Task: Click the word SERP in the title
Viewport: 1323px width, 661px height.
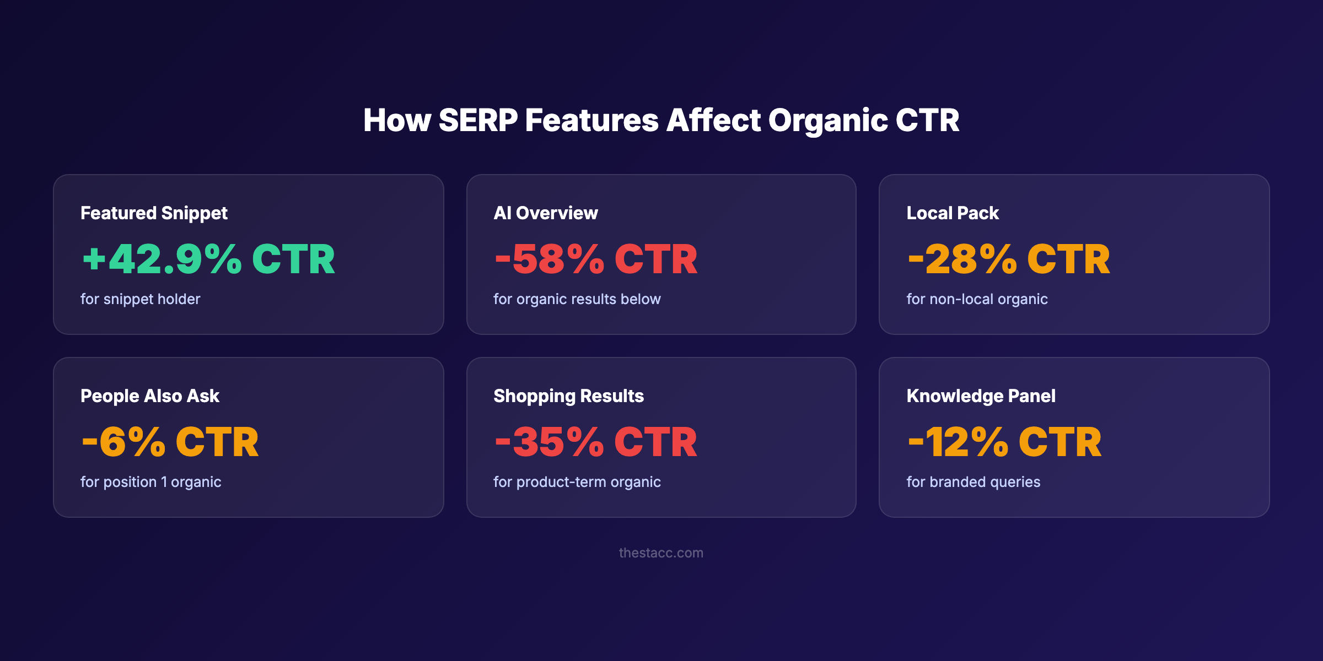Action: (478, 120)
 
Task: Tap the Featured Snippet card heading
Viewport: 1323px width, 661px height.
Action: (154, 213)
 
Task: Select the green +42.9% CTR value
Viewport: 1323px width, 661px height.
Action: (208, 259)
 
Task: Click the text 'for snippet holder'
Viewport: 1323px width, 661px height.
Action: (140, 299)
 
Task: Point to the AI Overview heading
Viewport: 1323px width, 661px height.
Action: (545, 213)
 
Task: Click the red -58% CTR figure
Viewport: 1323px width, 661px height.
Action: (596, 259)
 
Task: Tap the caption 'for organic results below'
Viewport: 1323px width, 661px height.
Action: (577, 299)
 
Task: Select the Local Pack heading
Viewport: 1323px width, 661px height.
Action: (952, 213)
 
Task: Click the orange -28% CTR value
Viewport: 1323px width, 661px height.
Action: (1009, 259)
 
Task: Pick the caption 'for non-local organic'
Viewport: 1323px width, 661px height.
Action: (977, 299)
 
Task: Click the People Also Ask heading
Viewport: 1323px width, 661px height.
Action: (150, 396)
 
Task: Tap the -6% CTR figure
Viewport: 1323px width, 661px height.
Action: (170, 442)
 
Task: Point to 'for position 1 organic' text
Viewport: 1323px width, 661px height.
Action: (150, 482)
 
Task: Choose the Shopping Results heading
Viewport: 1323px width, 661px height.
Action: (568, 396)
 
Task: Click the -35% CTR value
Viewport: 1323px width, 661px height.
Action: (596, 442)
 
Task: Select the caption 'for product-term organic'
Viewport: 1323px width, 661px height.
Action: (577, 482)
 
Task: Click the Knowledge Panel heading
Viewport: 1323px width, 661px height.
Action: (981, 396)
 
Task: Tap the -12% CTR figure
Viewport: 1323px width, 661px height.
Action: (1004, 442)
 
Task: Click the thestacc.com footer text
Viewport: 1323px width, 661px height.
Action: (661, 553)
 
